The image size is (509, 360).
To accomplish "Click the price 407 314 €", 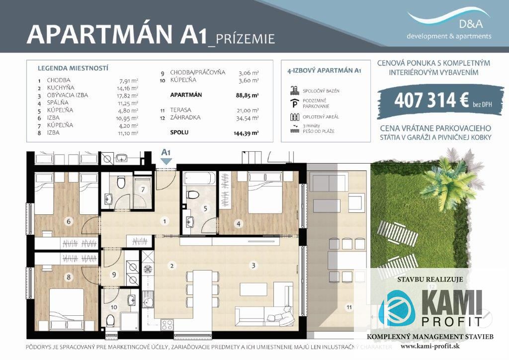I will pos(432,100).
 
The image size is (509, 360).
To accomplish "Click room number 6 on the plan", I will pos(68,221).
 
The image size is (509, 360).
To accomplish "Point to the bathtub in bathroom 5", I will pos(199,179).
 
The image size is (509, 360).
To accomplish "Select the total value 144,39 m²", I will pos(249,133).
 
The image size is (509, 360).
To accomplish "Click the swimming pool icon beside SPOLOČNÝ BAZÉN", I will pos(294,90).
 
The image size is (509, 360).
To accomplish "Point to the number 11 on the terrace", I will pos(349,307).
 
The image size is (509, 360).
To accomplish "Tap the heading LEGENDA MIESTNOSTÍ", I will pos(73,68).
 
